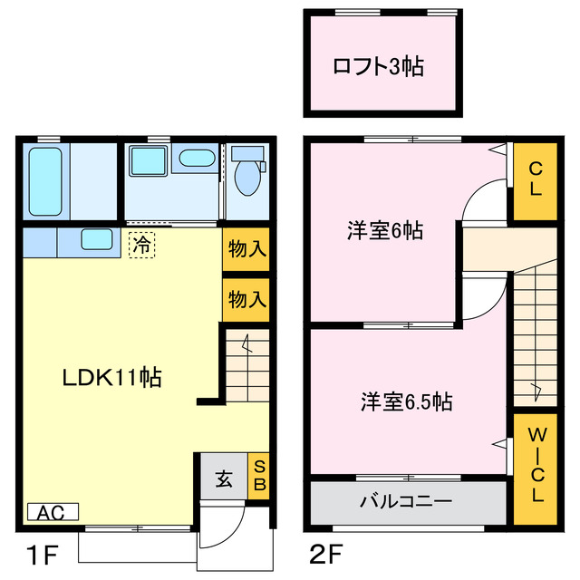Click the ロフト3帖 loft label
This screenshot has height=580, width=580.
379,66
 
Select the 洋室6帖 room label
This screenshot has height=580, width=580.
385,231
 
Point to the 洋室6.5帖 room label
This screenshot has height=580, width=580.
407,401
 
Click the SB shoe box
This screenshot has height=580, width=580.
258,475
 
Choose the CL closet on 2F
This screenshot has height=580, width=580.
536,179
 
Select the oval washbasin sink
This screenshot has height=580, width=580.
195,159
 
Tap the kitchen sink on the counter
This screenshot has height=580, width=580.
96,240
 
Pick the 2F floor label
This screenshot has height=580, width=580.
327,553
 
